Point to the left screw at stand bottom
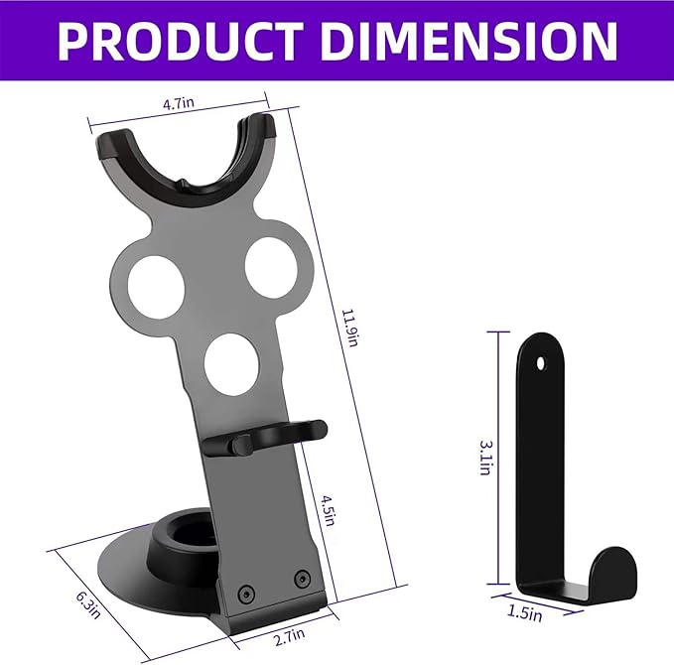pyautogui.click(x=246, y=594)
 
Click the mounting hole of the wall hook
pyautogui.click(x=541, y=363)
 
